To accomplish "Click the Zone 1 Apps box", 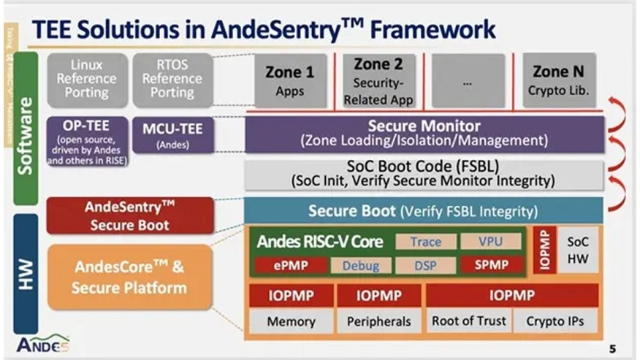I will (x=285, y=81).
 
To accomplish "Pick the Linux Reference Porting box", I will (x=86, y=79).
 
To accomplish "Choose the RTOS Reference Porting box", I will (x=172, y=79).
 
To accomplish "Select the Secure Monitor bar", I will (x=424, y=134).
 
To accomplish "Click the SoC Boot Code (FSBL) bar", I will (x=424, y=174).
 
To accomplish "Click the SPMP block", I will (x=491, y=264).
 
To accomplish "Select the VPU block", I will (x=491, y=242).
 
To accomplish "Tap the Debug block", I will (x=361, y=264).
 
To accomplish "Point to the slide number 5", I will (x=612, y=348).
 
